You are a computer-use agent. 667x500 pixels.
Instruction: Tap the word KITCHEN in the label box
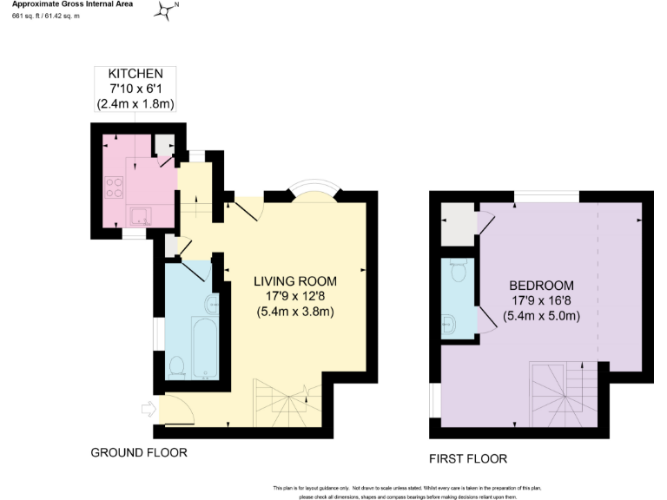tap(135, 74)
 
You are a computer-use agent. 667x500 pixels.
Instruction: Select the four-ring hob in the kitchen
tap(115, 187)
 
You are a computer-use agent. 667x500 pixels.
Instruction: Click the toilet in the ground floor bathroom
tap(177, 366)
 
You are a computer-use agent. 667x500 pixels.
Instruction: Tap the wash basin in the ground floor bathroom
tap(212, 305)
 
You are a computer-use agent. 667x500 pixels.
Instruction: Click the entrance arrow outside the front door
tap(147, 408)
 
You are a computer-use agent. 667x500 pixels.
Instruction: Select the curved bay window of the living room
tap(310, 192)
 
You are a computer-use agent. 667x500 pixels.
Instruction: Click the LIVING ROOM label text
tap(294, 281)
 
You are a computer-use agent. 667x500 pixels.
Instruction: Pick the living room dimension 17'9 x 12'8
tap(294, 297)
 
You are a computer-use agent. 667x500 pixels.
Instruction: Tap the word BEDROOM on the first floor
tap(541, 286)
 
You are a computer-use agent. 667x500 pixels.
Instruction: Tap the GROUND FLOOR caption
tap(139, 453)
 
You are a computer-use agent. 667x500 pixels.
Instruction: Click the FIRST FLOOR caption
tap(468, 458)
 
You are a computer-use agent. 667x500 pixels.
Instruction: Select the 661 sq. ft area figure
tap(26, 17)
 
